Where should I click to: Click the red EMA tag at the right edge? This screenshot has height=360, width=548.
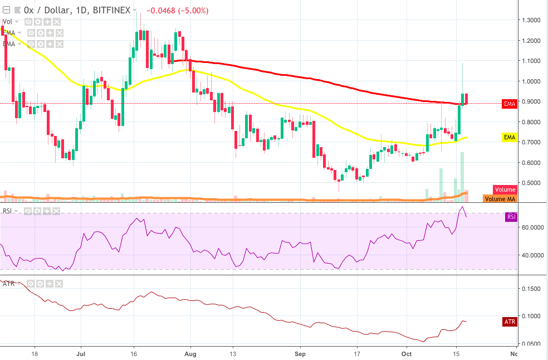[x=509, y=104]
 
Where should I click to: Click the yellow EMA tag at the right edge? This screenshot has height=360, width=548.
[x=509, y=137]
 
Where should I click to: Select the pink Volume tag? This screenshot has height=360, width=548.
[x=505, y=189]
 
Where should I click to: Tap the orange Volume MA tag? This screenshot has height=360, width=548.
[x=500, y=199]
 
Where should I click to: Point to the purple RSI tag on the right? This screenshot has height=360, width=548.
[x=511, y=217]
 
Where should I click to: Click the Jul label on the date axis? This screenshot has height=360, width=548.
[x=81, y=353]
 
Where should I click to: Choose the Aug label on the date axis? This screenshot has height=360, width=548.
[x=190, y=353]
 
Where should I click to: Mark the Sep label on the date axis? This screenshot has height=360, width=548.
[x=300, y=353]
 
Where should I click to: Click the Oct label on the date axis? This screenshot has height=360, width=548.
[x=407, y=353]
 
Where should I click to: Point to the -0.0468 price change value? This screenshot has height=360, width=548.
[x=158, y=11]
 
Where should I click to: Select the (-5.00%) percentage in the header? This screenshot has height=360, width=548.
[x=192, y=11]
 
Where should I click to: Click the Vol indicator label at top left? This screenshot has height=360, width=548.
[x=8, y=22]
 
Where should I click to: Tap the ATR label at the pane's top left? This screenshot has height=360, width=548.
[x=8, y=284]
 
